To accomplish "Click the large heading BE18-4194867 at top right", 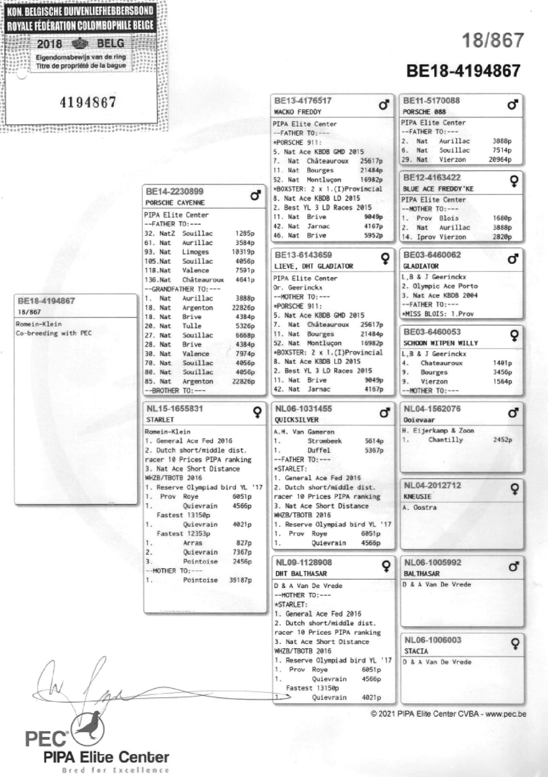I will coord(463,71).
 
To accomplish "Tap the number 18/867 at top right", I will coord(493,40).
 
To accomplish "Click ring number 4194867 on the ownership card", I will coord(88,102).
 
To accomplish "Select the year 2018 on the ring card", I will coord(50,44).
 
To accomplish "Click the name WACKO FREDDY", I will coord(298,112).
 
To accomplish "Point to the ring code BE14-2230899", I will coord(174,192).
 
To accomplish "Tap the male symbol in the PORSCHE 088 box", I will coord(513,104).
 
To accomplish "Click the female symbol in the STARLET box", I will coord(257,412).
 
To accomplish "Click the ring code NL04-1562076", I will coord(432,409).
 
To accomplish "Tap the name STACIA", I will coord(416,651).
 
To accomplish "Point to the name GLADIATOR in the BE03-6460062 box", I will coord(420,266).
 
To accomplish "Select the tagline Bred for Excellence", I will coord(115,770).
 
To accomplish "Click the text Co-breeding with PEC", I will coord(53,333).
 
